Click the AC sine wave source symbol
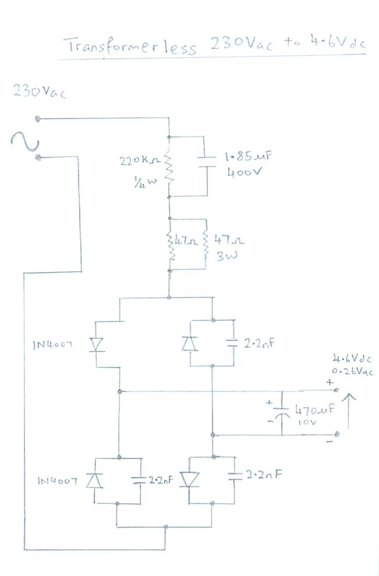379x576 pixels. pos(24,140)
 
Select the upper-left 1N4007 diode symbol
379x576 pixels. pos(95,345)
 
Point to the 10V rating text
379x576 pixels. pos(306,423)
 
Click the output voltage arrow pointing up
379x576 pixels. pos(350,411)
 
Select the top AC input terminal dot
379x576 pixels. pos(38,119)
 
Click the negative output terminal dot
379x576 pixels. pos(338,434)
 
